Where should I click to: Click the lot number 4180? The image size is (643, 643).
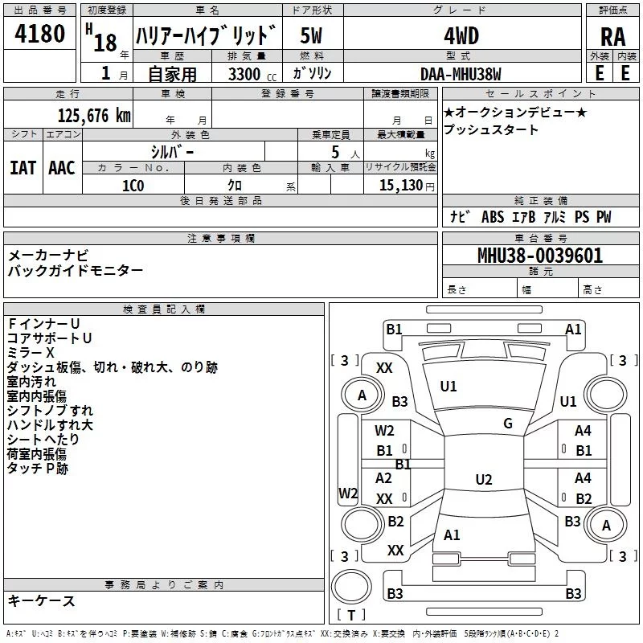(x=40, y=36)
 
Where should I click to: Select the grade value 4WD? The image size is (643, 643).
(x=461, y=36)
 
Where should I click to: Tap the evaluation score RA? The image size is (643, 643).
(x=612, y=37)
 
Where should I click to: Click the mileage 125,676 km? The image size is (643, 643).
(x=94, y=116)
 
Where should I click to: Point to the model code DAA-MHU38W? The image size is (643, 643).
(x=461, y=73)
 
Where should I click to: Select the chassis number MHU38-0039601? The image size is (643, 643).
(x=539, y=256)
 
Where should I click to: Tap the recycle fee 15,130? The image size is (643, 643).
(x=399, y=186)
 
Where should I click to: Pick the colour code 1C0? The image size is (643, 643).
(x=133, y=186)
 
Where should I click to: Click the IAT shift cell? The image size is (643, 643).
(x=23, y=167)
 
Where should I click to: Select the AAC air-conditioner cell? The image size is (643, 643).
(x=62, y=167)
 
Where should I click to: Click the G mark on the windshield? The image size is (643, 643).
(x=508, y=424)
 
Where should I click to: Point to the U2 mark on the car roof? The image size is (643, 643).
(x=483, y=480)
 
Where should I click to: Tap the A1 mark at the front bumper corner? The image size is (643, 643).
(x=573, y=329)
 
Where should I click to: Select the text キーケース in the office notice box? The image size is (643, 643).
(x=41, y=601)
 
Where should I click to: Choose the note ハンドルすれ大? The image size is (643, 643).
(x=50, y=425)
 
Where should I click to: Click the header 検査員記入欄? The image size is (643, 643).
(x=164, y=309)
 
